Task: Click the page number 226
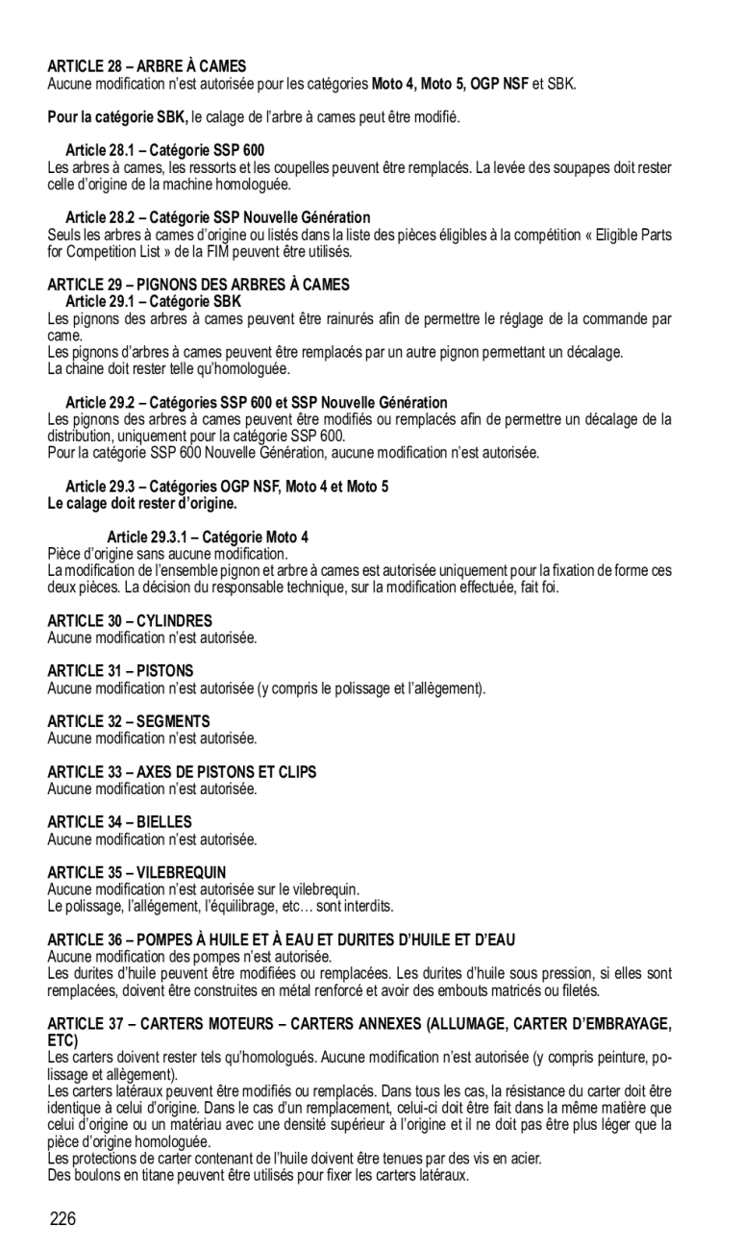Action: (63, 1220)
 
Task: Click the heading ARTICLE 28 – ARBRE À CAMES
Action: (147, 66)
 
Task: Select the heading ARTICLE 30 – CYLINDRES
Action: (130, 621)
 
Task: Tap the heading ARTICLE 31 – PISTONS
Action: (120, 670)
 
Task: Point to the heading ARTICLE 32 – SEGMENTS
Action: (128, 721)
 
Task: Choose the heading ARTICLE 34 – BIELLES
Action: (120, 822)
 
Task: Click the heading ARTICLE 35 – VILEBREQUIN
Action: (136, 872)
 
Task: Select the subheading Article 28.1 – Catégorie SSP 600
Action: (164, 150)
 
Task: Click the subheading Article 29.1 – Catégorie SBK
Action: (154, 302)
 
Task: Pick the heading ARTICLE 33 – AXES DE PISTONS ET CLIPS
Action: (182, 771)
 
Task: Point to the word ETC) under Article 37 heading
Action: (62, 1041)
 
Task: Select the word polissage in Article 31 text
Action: (364, 688)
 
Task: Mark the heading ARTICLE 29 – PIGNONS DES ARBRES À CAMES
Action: (199, 285)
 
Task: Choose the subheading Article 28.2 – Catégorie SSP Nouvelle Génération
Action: (217, 218)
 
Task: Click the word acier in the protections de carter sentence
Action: (525, 1160)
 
